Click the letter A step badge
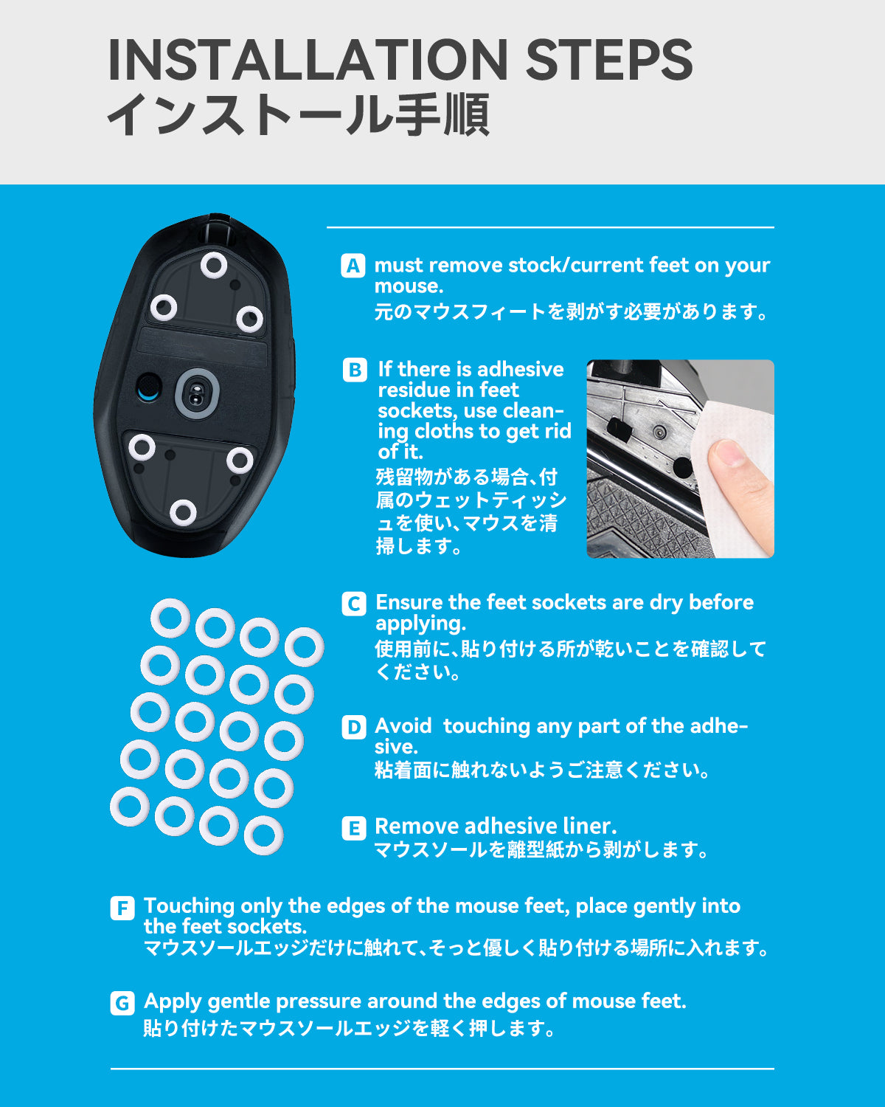click(x=353, y=266)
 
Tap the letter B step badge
click(x=355, y=370)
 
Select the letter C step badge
click(x=354, y=604)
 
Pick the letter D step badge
click(x=354, y=728)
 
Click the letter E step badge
click(x=354, y=828)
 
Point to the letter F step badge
click(x=122, y=908)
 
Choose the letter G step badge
click(x=122, y=1003)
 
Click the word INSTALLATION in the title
click(x=308, y=60)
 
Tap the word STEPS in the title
click(x=609, y=60)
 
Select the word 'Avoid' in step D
click(x=403, y=726)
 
